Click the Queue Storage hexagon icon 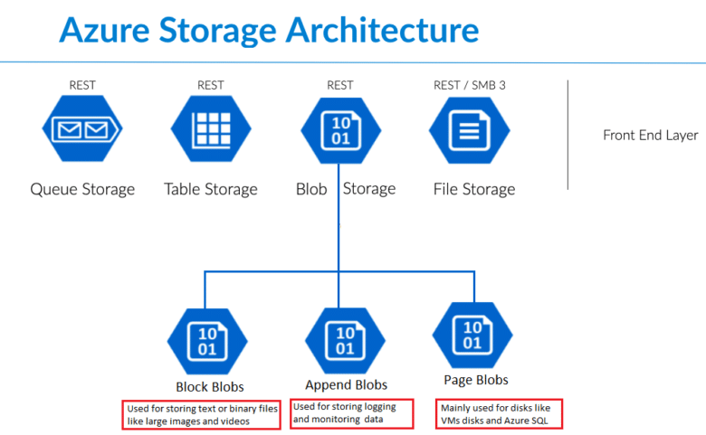click(82, 132)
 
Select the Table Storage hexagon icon click(210, 132)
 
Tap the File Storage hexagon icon click(469, 132)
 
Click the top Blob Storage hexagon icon click(339, 132)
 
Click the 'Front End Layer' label click(650, 136)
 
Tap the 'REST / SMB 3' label click(469, 86)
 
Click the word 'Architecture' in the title click(382, 30)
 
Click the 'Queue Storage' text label click(82, 189)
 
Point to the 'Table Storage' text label click(210, 189)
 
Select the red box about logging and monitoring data click(350, 413)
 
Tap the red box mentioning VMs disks click(499, 413)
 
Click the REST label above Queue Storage click(82, 86)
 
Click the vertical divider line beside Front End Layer click(568, 135)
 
